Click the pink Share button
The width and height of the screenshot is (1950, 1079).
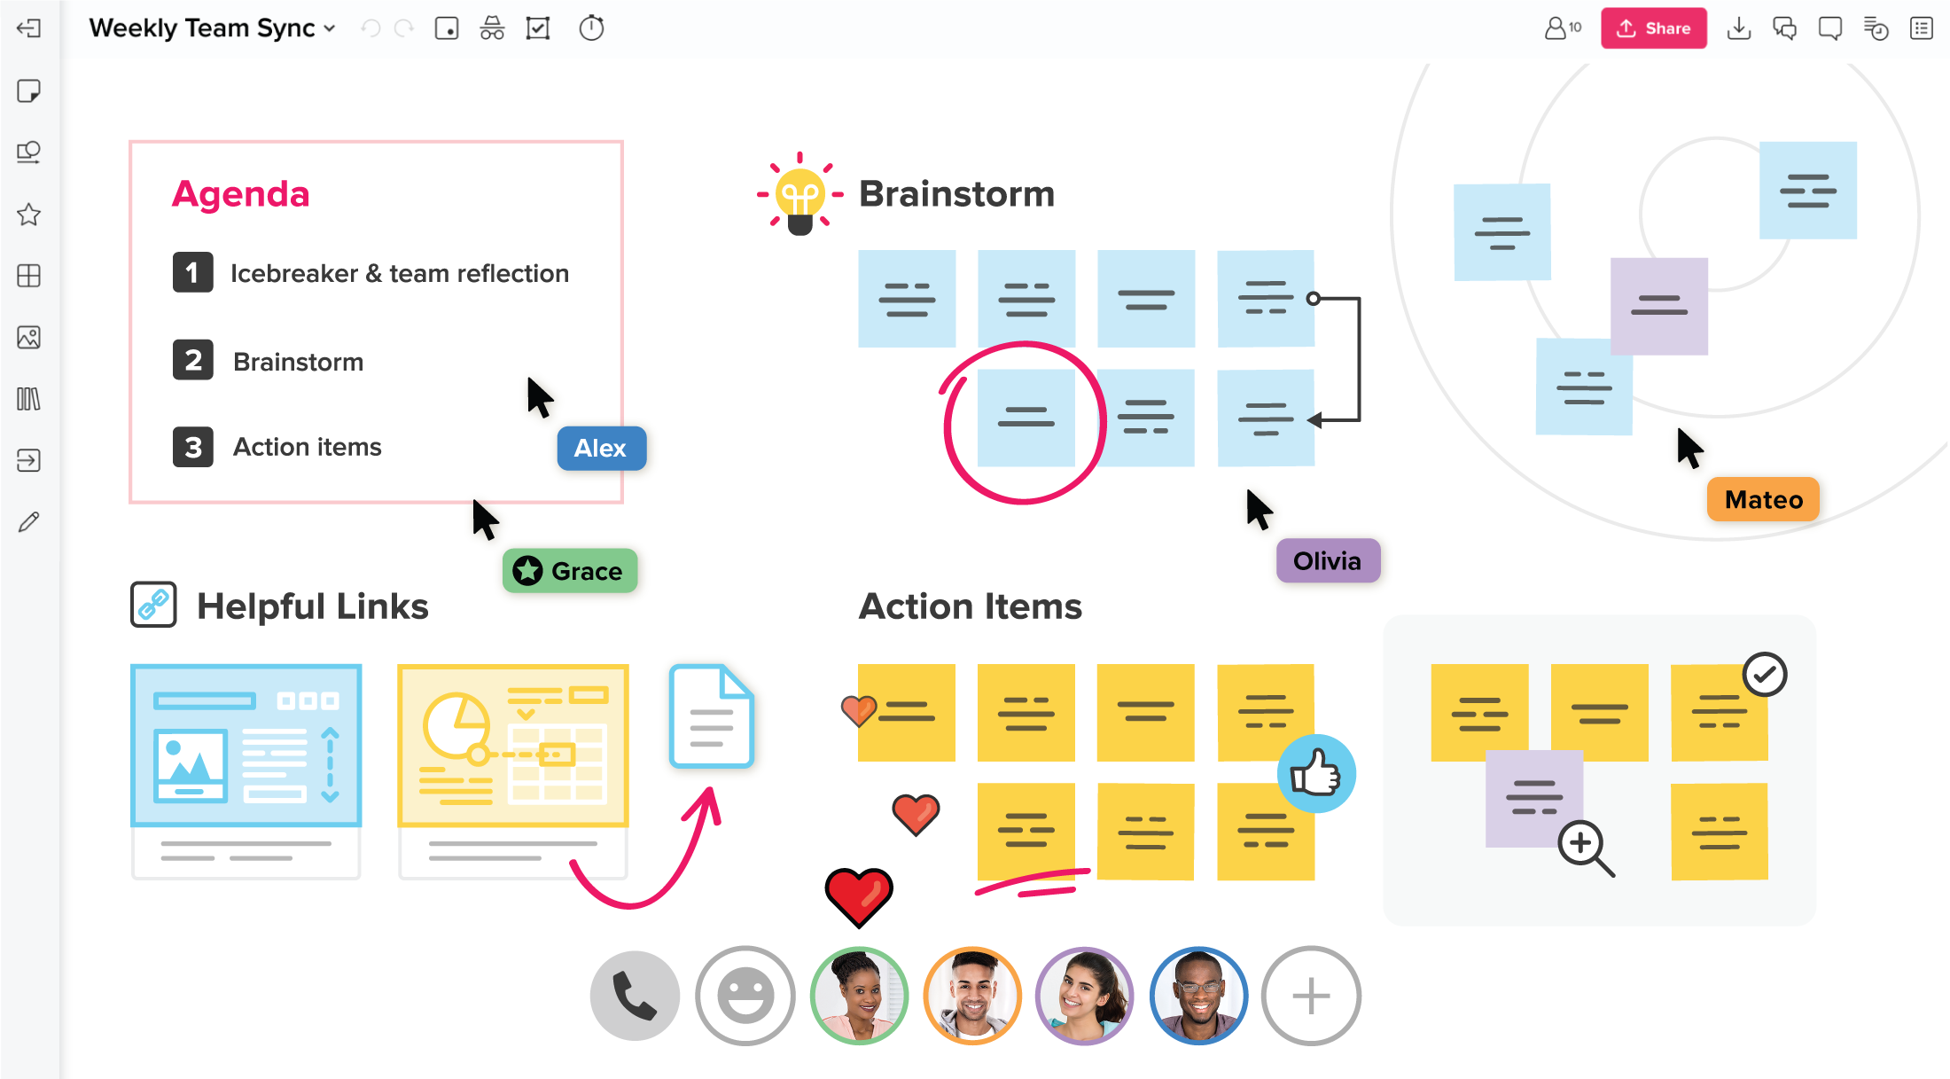click(x=1653, y=28)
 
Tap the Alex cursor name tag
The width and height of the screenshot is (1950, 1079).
click(x=601, y=448)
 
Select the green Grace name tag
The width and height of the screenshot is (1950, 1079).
click(x=570, y=571)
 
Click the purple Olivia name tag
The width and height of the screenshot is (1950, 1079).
click(x=1327, y=560)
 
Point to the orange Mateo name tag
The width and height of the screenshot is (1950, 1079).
click(x=1762, y=500)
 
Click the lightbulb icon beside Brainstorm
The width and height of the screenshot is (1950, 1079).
click(x=799, y=195)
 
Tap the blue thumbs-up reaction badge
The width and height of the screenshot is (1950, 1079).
click(x=1316, y=773)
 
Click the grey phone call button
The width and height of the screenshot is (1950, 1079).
click(x=635, y=996)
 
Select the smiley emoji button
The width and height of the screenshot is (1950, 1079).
click(x=745, y=996)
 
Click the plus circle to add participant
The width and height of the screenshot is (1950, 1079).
click(x=1310, y=996)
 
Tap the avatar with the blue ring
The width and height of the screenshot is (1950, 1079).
click(x=1198, y=996)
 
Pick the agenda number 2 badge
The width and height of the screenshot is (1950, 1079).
click(x=192, y=360)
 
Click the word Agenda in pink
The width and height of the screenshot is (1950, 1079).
click(x=240, y=194)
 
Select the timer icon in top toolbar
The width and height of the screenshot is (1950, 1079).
click(x=591, y=28)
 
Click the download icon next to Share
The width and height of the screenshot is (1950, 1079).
click(x=1738, y=28)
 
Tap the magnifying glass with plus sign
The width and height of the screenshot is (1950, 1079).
click(x=1584, y=847)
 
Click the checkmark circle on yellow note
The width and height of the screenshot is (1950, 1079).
click(x=1764, y=675)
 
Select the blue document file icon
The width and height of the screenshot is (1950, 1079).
click(x=711, y=716)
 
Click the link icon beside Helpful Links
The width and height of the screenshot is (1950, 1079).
click(x=153, y=605)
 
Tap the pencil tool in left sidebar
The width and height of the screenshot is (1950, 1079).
click(x=28, y=522)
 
